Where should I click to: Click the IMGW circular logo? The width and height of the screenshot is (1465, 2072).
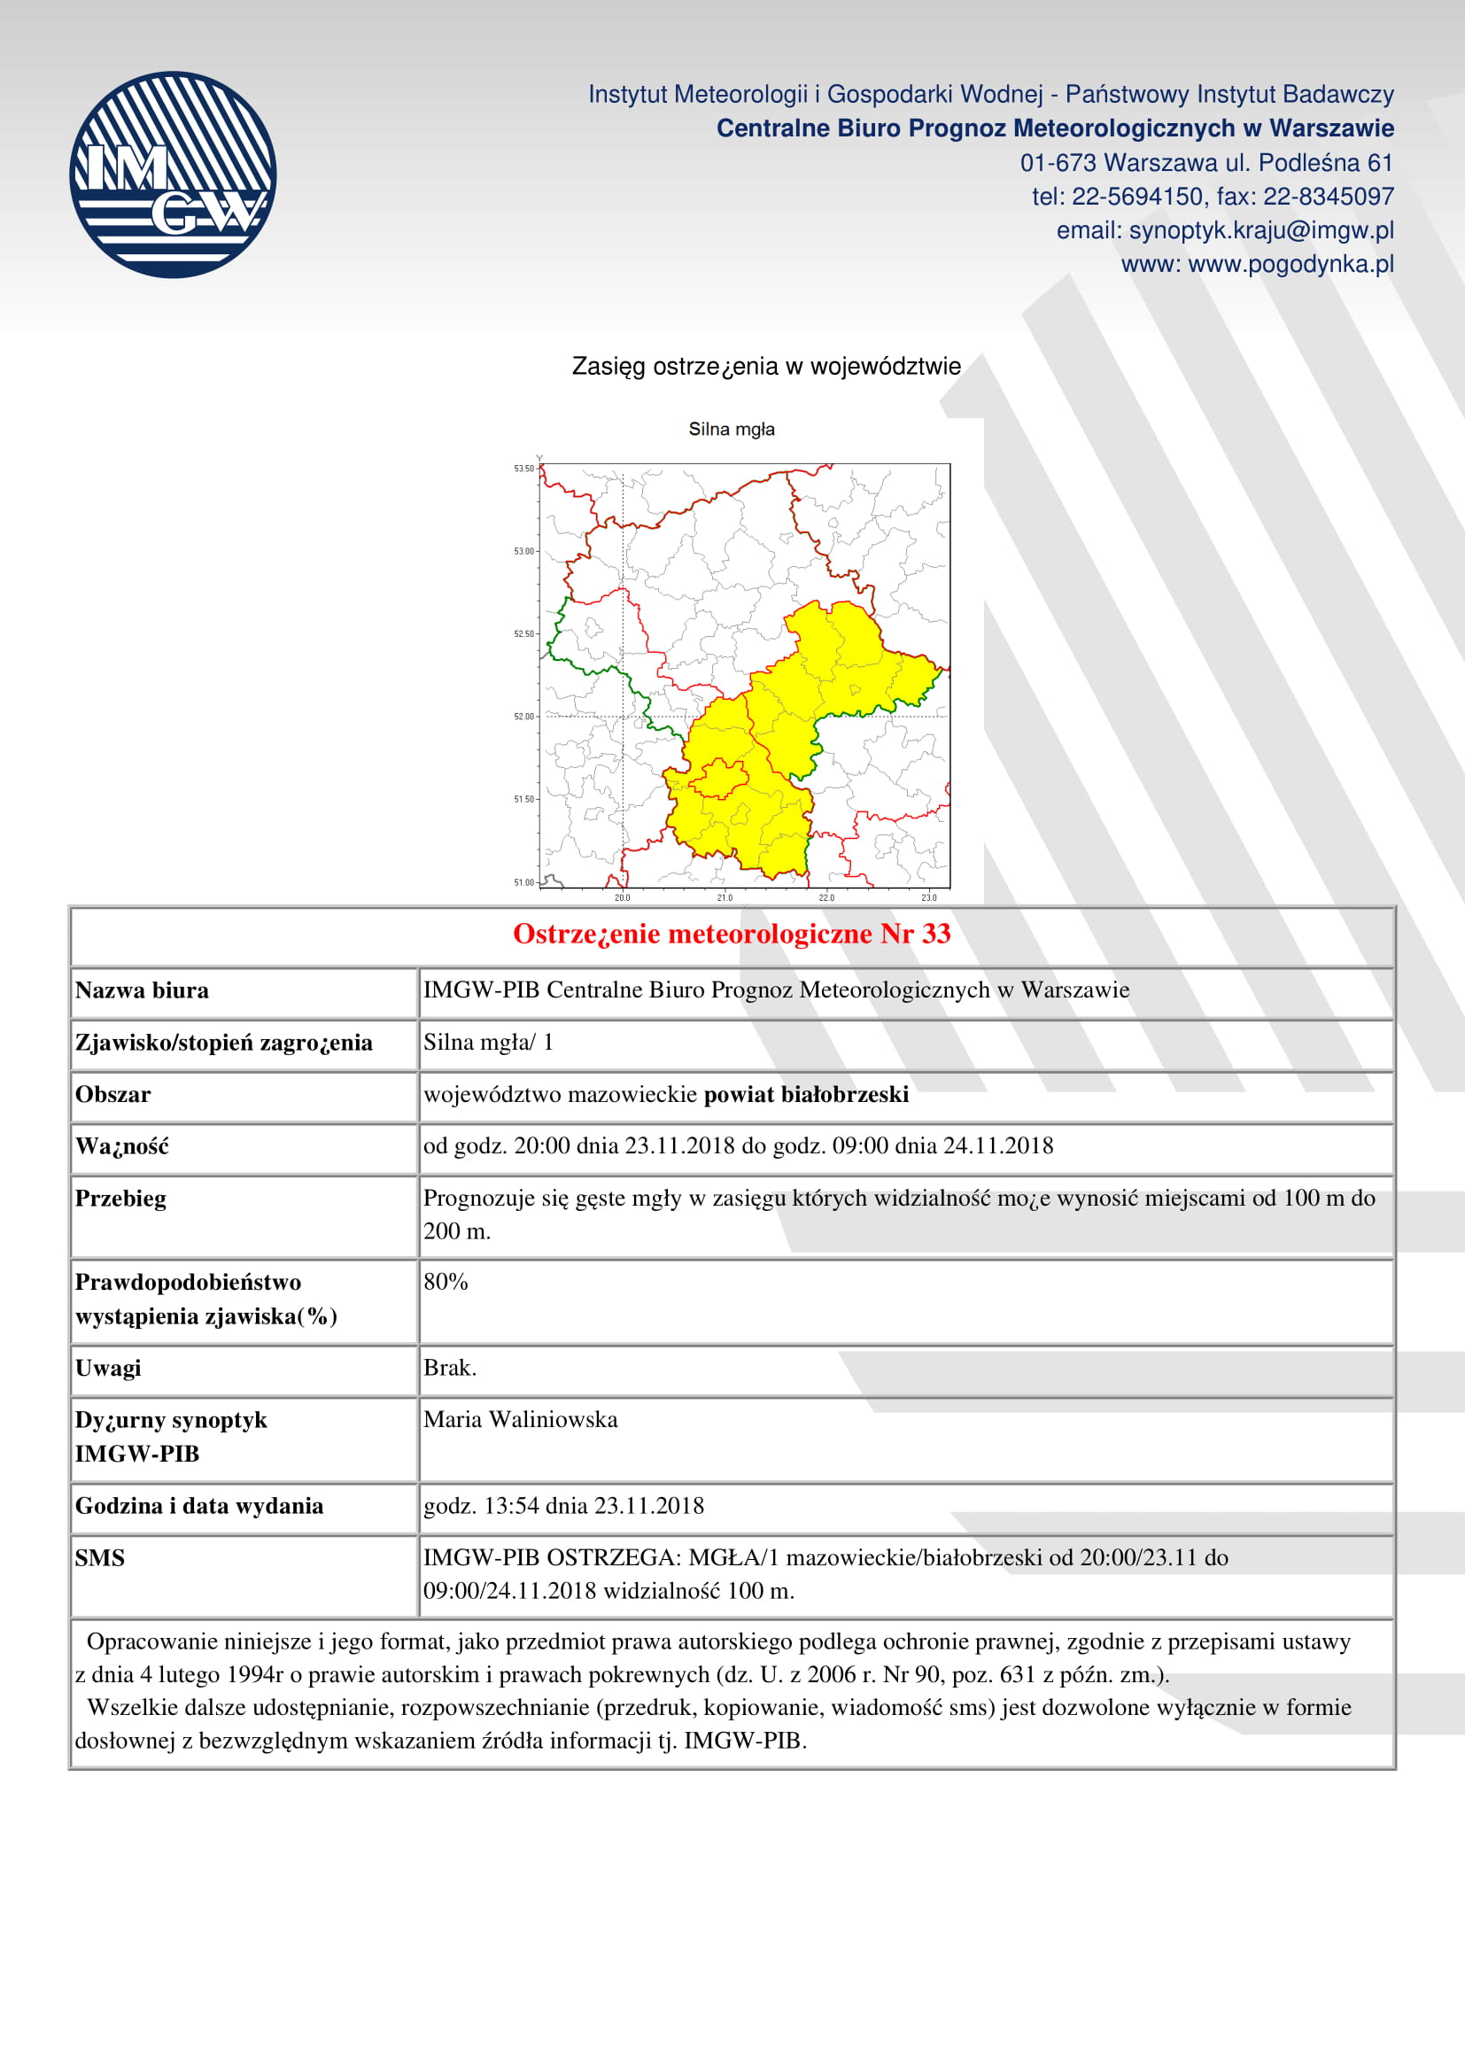click(173, 175)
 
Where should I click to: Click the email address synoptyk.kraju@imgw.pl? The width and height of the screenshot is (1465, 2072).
click(1224, 230)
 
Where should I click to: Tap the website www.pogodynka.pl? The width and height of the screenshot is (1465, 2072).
click(1257, 264)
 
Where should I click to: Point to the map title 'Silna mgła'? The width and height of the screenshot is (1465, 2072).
click(731, 429)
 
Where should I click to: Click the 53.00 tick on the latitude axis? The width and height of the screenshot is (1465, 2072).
click(525, 550)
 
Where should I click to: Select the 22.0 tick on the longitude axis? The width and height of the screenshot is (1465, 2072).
click(826, 897)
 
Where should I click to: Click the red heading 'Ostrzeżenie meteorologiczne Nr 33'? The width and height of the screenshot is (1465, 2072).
click(732, 934)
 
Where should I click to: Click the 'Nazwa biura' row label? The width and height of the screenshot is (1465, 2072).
click(142, 991)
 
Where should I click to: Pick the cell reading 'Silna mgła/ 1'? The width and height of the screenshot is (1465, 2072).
click(488, 1043)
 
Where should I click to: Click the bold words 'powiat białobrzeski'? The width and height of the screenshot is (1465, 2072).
click(805, 1095)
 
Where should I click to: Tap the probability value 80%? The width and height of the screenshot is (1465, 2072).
click(446, 1282)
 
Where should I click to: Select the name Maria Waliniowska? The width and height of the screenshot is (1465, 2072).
click(521, 1419)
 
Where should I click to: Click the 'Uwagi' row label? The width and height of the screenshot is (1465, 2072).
click(108, 1368)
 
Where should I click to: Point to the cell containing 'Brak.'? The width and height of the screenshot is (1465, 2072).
click(449, 1368)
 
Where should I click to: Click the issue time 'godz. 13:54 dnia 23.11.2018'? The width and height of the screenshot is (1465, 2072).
click(563, 1505)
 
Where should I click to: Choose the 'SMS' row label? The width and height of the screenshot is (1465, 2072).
click(99, 1557)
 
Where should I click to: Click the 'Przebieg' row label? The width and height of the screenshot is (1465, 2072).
click(120, 1199)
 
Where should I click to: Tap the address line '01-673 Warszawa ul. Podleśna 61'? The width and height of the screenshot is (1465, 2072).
click(1206, 162)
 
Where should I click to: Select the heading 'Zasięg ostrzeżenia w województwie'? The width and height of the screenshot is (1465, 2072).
click(766, 367)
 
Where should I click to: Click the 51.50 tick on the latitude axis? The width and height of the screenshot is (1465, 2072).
click(525, 799)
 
